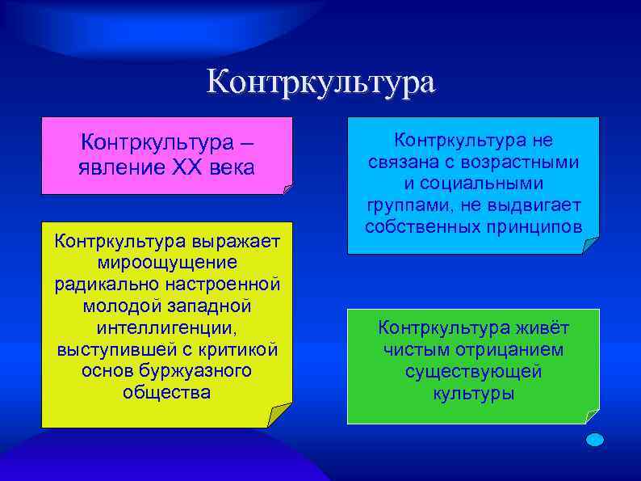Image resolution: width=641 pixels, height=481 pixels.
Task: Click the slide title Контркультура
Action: [x=320, y=82]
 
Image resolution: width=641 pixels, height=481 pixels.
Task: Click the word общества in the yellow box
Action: [x=166, y=393]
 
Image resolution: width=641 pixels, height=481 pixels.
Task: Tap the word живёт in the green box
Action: [x=540, y=328]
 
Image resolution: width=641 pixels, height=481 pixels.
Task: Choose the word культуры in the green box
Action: [x=473, y=394]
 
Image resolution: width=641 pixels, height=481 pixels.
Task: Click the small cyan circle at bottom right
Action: [x=594, y=440]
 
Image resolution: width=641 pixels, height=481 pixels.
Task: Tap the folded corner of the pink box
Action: [x=287, y=190]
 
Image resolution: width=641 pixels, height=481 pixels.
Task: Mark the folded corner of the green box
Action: [x=593, y=416]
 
